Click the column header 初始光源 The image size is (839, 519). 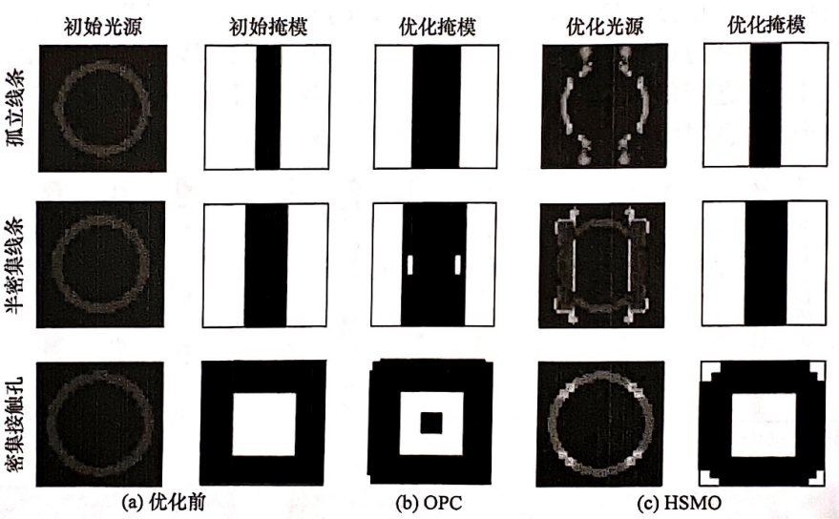point(102,26)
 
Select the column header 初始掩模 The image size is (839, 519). point(268,26)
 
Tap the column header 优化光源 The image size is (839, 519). point(604,26)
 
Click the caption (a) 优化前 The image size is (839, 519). point(163,502)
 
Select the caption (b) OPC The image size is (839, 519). point(429,503)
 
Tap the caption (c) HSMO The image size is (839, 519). point(679,503)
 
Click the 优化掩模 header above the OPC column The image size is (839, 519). point(437,26)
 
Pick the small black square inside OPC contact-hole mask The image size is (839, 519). point(431,423)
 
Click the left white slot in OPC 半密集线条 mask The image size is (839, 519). point(410,265)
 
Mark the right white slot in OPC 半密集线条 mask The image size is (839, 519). point(457,265)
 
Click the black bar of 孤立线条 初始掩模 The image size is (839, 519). point(267,107)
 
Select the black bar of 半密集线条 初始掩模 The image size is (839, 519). point(266,265)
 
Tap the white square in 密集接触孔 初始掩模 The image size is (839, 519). point(263,425)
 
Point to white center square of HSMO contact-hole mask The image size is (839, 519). point(764,425)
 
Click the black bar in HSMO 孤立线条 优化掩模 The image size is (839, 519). point(766,105)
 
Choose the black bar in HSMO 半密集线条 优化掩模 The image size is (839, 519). point(766,263)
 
